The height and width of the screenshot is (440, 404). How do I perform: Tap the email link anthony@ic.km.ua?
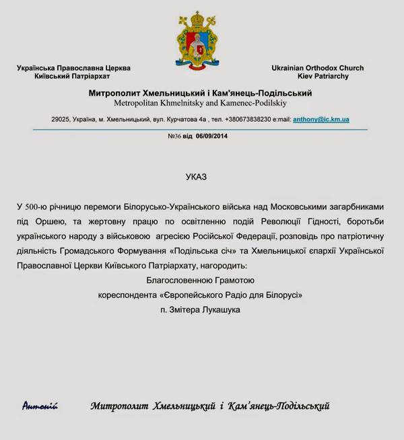321,119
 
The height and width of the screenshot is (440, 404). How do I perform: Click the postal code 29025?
61,119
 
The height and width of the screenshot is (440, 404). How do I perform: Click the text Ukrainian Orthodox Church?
318,68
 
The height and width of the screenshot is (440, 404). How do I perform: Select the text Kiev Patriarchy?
318,77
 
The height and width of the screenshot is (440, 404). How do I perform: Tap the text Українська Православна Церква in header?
74,68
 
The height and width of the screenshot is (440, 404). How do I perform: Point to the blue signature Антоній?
40,406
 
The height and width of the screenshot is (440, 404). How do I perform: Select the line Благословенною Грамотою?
201,280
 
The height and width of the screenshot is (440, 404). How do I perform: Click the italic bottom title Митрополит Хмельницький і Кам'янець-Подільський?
210,406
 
